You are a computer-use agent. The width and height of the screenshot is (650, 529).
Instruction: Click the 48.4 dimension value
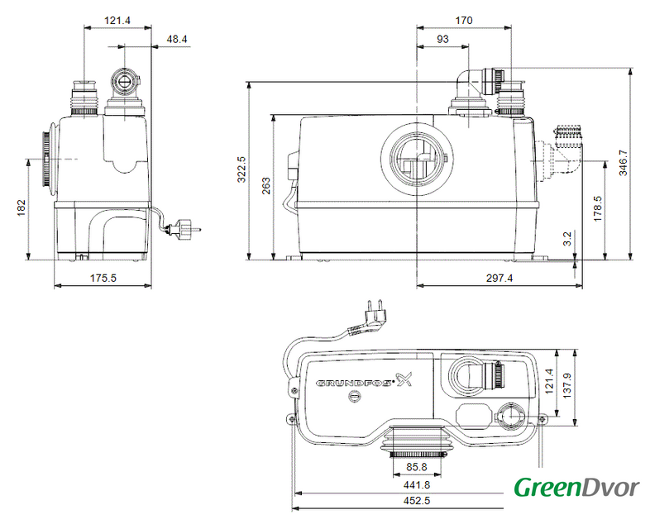[x=177, y=40]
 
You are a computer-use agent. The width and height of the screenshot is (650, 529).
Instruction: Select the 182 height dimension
[x=22, y=208]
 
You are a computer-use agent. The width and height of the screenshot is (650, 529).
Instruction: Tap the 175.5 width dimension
[x=103, y=278]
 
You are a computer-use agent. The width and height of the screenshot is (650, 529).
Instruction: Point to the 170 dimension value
[x=464, y=21]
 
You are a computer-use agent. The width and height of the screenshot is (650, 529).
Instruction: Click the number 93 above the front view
[x=442, y=39]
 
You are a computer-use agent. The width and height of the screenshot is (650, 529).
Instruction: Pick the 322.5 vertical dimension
[x=241, y=169]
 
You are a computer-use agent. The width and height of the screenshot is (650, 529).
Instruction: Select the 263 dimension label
[x=266, y=186]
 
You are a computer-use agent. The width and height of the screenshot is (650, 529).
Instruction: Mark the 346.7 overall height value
[x=623, y=163]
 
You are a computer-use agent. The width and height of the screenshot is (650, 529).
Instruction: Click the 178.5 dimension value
[x=597, y=209]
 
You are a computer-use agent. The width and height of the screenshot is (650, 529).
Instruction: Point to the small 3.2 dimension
[x=567, y=239]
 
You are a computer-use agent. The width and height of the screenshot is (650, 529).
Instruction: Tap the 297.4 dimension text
[x=499, y=278]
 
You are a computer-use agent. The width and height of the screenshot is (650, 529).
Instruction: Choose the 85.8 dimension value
[x=417, y=467]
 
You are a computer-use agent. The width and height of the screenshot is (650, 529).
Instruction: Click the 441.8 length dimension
[x=417, y=484]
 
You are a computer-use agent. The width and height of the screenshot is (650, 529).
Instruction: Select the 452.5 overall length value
[x=417, y=501]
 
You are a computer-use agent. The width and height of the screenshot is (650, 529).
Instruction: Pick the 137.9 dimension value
[x=567, y=386]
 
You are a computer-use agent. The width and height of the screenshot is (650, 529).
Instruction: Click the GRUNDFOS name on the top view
[x=354, y=383]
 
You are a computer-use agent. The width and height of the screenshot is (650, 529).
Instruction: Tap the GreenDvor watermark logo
[x=576, y=488]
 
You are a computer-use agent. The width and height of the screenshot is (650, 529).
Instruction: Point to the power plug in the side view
[x=184, y=229]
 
